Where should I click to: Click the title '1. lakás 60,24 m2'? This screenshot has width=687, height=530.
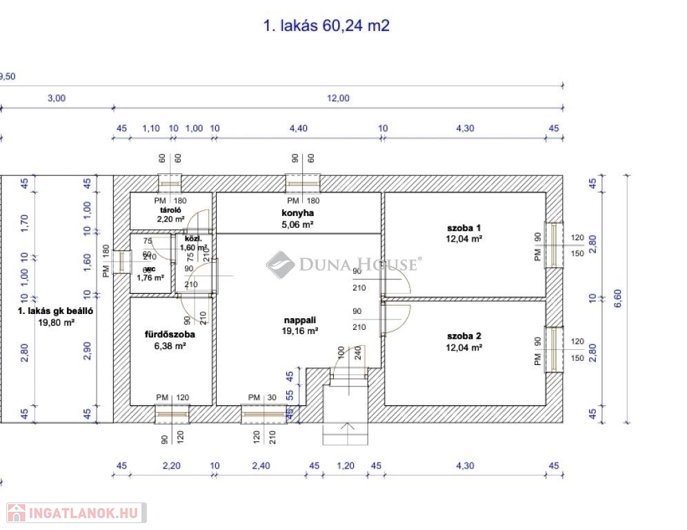(327, 26)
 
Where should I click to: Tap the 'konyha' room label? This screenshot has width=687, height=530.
(298, 213)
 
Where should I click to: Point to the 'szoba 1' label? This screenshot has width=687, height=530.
(464, 227)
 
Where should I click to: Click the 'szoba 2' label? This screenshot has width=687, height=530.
(464, 336)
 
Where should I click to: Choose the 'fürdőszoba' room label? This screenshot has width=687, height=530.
(169, 334)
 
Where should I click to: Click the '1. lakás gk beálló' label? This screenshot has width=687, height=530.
(55, 311)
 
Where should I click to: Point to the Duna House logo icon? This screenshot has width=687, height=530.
(280, 264)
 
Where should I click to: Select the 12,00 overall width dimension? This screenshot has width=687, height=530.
(338, 98)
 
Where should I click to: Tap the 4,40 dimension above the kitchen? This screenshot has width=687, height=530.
(298, 128)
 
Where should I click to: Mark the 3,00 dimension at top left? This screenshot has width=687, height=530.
(56, 98)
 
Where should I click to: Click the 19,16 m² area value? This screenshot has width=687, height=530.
(301, 331)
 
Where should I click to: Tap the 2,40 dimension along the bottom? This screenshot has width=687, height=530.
(260, 466)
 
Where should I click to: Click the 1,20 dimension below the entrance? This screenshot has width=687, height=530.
(345, 466)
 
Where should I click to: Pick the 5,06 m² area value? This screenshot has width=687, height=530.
(298, 224)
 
